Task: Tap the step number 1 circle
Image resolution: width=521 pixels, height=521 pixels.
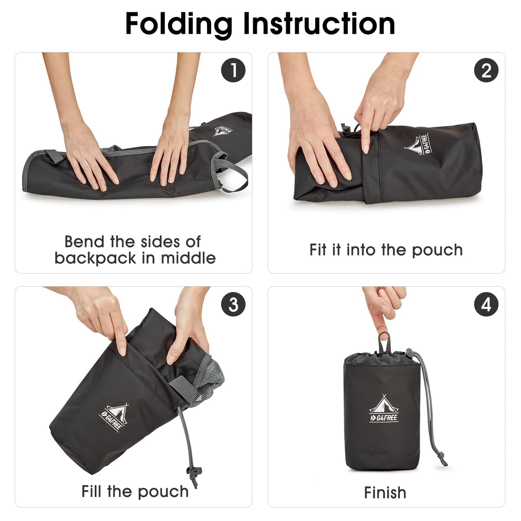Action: coord(233,70)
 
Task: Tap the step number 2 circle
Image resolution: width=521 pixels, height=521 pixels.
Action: coord(486,70)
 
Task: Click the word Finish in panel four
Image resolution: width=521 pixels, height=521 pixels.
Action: coord(385,493)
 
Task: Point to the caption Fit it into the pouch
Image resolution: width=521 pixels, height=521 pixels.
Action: coord(386,250)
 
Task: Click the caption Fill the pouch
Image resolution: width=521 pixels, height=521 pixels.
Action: coord(135,491)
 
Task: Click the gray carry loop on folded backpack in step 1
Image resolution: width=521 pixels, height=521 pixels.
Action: coord(234,174)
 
